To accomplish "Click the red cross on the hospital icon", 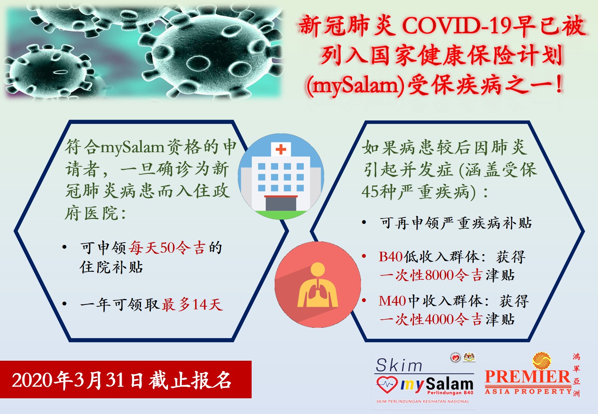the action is pyautogui.click(x=281, y=149).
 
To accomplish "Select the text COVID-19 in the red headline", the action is pyautogui.click(x=456, y=26).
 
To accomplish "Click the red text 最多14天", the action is pyautogui.click(x=192, y=304).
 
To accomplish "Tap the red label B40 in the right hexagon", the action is pyautogui.click(x=390, y=256).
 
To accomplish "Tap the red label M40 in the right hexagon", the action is pyautogui.click(x=392, y=301).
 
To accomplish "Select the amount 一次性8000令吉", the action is pyautogui.click(x=431, y=275).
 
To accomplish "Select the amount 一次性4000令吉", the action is pyautogui.click(x=431, y=319).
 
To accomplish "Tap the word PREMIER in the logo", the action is pyautogui.click(x=528, y=376).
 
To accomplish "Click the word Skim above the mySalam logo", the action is pyautogui.click(x=399, y=365).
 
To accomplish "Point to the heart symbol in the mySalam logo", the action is pyautogui.click(x=387, y=384).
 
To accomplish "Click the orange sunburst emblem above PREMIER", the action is pyautogui.click(x=542, y=361).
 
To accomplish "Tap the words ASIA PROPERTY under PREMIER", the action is pyautogui.click(x=528, y=391).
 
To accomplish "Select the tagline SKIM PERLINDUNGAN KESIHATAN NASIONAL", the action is pyautogui.click(x=423, y=401).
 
